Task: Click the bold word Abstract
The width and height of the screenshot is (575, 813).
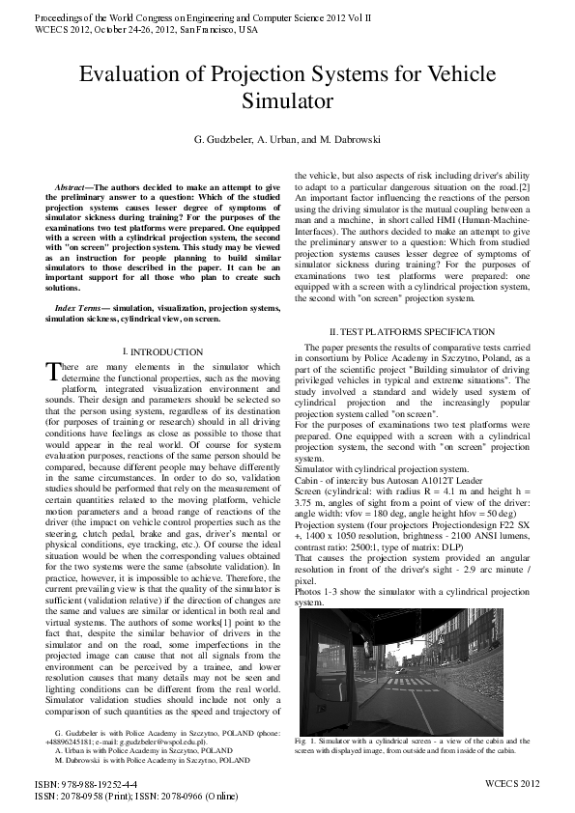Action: tap(75, 184)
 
